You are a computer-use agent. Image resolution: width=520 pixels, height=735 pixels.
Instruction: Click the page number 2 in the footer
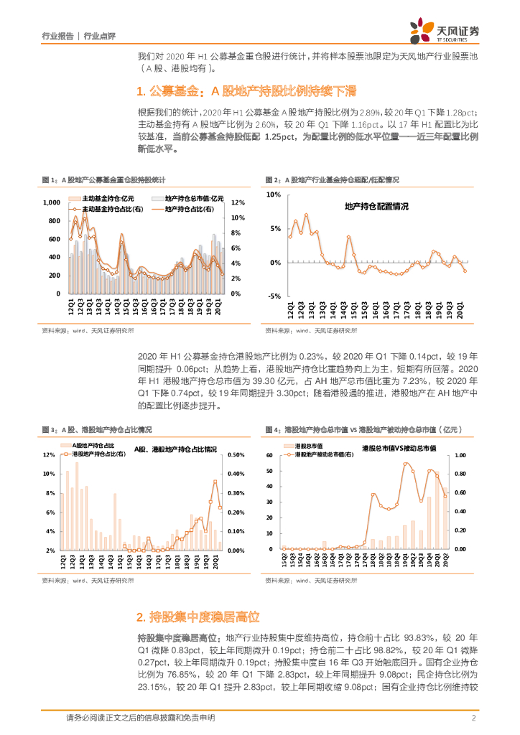coord(474,718)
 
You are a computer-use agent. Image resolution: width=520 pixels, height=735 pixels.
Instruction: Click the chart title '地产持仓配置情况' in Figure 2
coord(377,207)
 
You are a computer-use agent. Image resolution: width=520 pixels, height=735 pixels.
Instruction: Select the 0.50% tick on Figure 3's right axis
coord(236,455)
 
